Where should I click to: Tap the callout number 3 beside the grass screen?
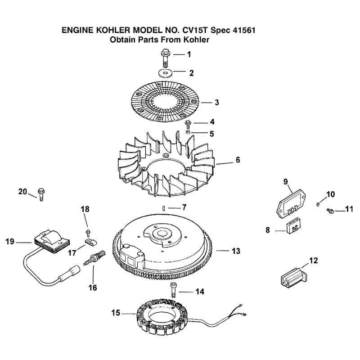point(217,103)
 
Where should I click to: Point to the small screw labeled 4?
point(188,124)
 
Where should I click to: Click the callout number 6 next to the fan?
point(238,160)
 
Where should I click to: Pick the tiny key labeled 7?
point(163,208)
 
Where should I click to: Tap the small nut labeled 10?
point(318,204)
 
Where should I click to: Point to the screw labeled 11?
point(330,210)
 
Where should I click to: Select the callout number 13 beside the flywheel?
point(236,251)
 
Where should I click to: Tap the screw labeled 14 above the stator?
point(172,290)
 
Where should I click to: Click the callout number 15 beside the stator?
point(116,313)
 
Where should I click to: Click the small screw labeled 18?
point(88,232)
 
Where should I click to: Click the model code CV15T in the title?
point(195,30)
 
